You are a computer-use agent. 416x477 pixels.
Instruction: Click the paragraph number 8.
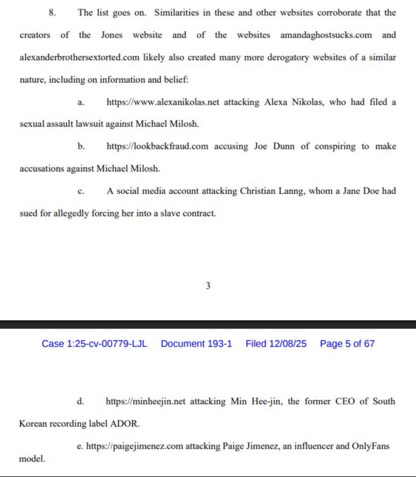[x=52, y=12]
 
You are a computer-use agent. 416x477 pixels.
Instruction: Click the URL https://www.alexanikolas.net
[x=163, y=102]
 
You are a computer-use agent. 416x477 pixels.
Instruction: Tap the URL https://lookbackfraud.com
[x=158, y=147]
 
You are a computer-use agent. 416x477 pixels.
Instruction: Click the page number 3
[x=208, y=286]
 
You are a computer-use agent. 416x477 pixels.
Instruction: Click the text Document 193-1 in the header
[x=196, y=344]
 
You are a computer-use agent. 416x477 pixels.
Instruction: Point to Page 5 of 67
[x=347, y=344]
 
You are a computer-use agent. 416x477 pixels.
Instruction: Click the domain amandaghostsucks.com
[x=326, y=35]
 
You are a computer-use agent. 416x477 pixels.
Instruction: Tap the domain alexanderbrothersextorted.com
[x=79, y=57]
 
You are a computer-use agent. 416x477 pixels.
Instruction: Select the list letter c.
[x=81, y=192]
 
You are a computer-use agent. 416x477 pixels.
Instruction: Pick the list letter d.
[x=81, y=402]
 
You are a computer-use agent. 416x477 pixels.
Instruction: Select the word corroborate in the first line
[x=339, y=12]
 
